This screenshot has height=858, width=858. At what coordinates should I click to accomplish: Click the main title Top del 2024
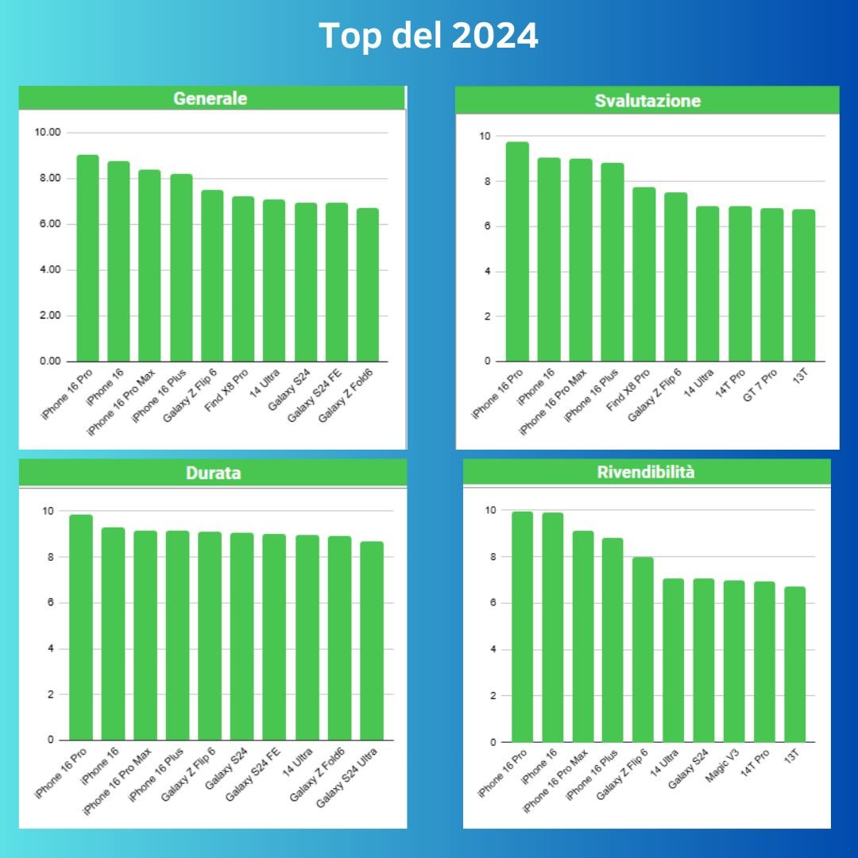428,36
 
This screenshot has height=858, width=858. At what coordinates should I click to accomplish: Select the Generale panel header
211,99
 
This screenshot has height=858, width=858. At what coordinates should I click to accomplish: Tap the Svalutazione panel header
647,101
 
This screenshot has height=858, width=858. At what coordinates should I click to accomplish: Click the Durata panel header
213,473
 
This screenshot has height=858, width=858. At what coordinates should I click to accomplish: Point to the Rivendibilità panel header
646,472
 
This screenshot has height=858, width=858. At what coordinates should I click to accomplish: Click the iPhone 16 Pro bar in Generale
87,258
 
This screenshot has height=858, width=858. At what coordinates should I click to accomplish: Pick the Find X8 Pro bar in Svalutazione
644,274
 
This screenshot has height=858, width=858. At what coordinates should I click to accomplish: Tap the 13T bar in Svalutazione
803,285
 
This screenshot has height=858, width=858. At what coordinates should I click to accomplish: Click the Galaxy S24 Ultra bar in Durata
372,640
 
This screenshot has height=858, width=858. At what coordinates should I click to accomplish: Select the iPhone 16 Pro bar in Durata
81,627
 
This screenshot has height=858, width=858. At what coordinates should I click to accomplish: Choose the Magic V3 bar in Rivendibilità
734,661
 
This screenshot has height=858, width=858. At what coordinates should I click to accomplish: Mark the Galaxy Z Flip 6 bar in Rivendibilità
643,649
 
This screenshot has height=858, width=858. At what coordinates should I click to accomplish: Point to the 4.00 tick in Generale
50,270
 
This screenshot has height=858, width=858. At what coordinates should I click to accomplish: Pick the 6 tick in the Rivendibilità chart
493,603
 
